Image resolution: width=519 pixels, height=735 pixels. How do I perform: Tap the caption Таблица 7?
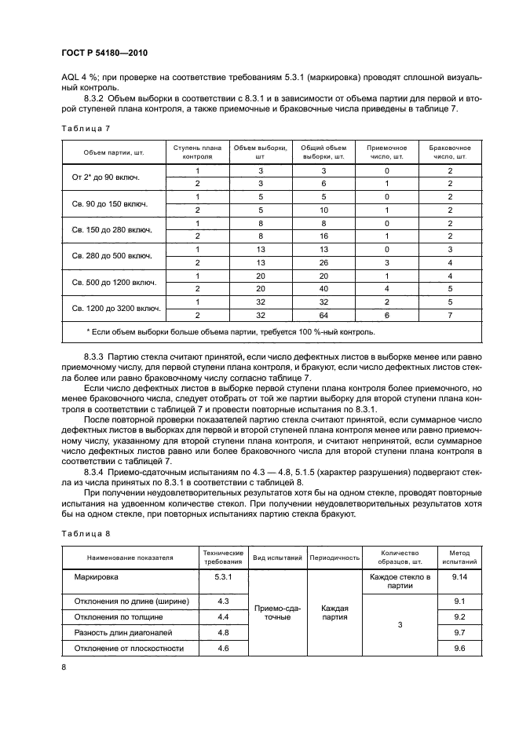pos(82,127)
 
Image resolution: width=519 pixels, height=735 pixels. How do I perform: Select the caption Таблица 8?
pos(82,534)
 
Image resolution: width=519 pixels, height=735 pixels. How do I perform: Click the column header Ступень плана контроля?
pos(198,151)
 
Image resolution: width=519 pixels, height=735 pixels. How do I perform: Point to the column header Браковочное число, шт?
pos(450,151)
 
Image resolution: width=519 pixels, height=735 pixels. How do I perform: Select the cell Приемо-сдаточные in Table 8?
pos(277,612)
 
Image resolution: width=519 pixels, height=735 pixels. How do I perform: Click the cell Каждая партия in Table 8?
pos(334,612)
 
